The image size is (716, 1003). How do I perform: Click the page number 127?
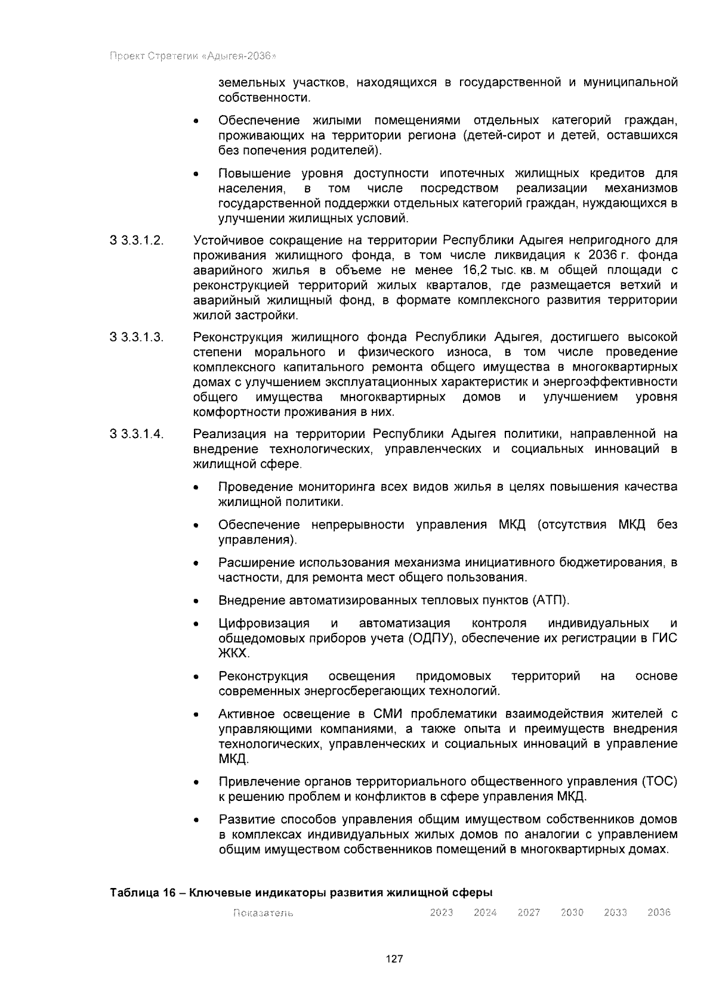click(394, 959)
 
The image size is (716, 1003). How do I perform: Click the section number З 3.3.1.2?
click(137, 241)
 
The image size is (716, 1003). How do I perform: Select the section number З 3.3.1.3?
click(137, 337)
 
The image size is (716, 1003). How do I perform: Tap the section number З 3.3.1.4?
click(137, 434)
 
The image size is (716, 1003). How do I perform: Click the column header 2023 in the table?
click(441, 912)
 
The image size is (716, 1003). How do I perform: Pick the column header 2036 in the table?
click(659, 912)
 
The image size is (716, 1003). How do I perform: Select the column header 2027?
click(528, 912)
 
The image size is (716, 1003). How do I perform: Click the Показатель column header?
click(263, 913)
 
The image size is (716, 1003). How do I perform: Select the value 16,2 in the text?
click(467, 271)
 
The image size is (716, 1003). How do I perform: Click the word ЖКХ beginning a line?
click(232, 653)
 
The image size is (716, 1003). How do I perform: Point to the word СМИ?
click(388, 714)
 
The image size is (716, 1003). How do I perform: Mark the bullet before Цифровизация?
click(196, 624)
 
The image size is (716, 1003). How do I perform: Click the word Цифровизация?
click(264, 623)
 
